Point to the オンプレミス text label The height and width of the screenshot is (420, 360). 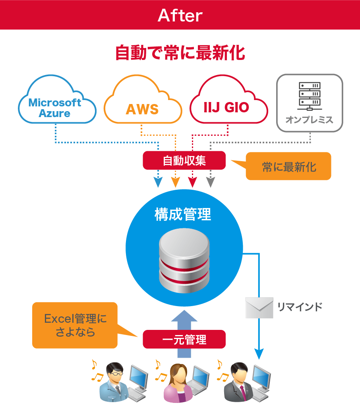(x=309, y=120)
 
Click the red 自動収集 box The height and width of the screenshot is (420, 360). (x=184, y=160)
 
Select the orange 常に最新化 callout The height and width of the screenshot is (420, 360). (x=289, y=166)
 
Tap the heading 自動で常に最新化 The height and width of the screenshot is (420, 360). (x=180, y=53)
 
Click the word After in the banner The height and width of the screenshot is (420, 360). (x=180, y=15)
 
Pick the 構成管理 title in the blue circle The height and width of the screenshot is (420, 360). (x=183, y=214)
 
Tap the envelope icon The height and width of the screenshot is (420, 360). (x=259, y=308)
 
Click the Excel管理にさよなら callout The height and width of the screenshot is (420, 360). (x=75, y=325)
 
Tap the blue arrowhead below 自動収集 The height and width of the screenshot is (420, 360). (x=158, y=183)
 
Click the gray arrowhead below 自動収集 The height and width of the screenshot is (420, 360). (x=211, y=183)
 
